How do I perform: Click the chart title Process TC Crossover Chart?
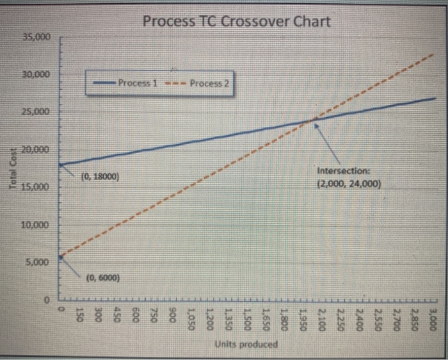pyautogui.click(x=236, y=21)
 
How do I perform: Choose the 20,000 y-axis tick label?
pyautogui.click(x=37, y=150)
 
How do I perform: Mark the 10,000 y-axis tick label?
pyautogui.click(x=37, y=225)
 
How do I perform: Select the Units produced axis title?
pyautogui.click(x=246, y=344)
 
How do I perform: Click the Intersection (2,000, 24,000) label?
pyautogui.click(x=349, y=177)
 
